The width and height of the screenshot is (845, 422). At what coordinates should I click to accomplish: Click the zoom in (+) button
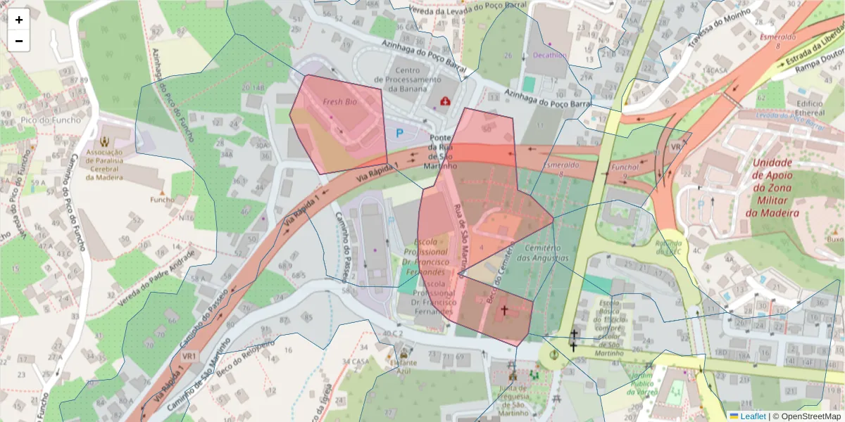(x=19, y=20)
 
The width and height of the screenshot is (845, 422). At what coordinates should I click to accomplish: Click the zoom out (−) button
(x=19, y=41)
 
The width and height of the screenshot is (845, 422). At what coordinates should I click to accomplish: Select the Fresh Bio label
(x=340, y=102)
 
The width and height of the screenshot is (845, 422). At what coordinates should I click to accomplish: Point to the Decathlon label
(x=550, y=55)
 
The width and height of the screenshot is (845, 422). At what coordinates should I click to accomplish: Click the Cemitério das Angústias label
(x=542, y=253)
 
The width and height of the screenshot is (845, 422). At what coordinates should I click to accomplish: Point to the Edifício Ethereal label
(x=810, y=108)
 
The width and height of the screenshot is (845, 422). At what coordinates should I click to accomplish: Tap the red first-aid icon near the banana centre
(x=445, y=102)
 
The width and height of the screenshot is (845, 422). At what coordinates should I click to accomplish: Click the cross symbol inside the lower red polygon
(x=503, y=309)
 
